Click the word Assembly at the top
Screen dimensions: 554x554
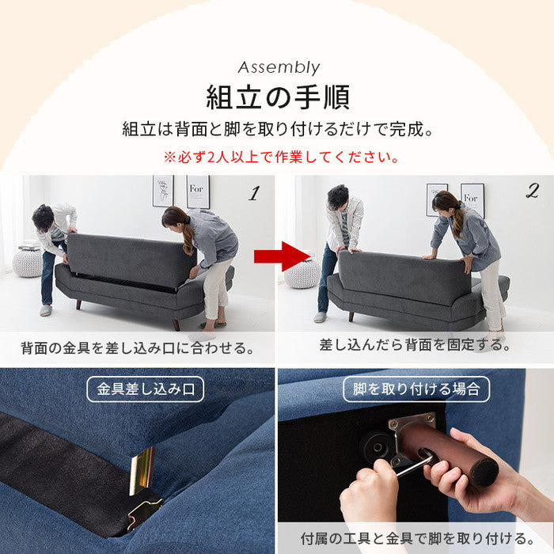pyautogui.click(x=278, y=67)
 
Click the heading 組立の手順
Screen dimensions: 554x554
pyautogui.click(x=278, y=98)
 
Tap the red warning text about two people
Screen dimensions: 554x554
pyautogui.click(x=278, y=157)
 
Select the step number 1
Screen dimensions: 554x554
pyautogui.click(x=253, y=192)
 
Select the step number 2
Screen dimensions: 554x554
pyautogui.click(x=531, y=191)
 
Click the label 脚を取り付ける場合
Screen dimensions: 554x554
pyautogui.click(x=416, y=389)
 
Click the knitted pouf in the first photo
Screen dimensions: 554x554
pyautogui.click(x=28, y=261)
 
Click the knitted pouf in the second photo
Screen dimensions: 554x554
pyautogui.click(x=302, y=273)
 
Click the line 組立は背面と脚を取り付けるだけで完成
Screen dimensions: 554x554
pyautogui.click(x=278, y=129)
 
